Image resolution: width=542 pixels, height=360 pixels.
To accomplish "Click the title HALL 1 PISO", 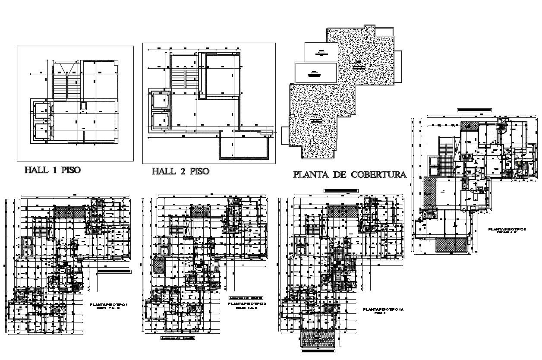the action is [52, 170].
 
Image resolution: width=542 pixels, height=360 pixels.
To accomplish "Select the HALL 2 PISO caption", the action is [180, 171].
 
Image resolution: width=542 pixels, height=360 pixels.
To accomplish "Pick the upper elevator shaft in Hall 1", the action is [42, 111].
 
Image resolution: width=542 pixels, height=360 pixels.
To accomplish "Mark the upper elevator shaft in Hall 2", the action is [160, 100].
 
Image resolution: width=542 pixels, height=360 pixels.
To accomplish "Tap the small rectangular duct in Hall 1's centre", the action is [83, 106].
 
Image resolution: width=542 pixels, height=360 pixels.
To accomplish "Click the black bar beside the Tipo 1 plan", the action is [114, 272].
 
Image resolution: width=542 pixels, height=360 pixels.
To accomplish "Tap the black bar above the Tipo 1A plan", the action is [340, 190].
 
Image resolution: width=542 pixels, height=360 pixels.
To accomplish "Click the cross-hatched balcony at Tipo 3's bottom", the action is [451, 245].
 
